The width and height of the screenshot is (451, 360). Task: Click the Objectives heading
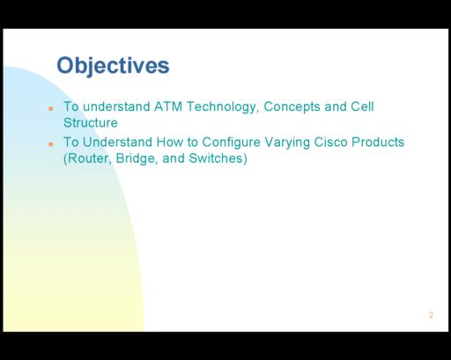113,66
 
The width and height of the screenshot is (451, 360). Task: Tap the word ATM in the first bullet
168,107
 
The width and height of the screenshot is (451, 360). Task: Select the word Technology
223,107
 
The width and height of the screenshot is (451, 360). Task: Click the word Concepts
292,107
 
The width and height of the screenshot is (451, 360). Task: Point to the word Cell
362,107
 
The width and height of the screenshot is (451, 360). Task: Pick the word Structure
91,122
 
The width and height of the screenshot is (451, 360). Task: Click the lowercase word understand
116,107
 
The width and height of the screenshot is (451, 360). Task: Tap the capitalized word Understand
117,142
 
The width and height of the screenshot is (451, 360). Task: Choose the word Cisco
330,142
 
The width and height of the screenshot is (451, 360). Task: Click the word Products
378,142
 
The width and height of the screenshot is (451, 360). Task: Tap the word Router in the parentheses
88,158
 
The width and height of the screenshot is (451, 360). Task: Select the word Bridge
135,159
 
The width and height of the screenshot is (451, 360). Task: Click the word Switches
216,158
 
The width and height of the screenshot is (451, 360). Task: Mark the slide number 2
431,315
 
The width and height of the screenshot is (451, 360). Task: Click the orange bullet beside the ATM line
51,108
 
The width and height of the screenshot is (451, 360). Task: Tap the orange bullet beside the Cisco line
51,144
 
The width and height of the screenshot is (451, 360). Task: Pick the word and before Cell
336,107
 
